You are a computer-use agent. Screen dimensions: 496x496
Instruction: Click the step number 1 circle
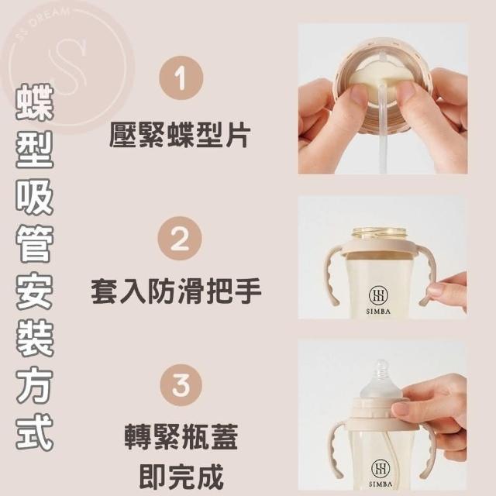tap(181, 78)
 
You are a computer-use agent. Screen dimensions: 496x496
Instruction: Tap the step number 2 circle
tap(180, 239)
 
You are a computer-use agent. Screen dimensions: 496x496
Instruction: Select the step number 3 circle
tap(181, 384)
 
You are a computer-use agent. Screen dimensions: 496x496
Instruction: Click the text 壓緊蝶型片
tap(180, 135)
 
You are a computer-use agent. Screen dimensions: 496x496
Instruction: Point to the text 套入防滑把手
tap(176, 291)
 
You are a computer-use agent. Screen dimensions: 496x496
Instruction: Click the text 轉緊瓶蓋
tap(181, 437)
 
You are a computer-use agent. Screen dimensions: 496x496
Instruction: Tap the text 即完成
tap(181, 477)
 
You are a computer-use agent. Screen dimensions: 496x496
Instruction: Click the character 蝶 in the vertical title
tap(35, 102)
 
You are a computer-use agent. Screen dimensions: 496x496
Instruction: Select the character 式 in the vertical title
tap(35, 431)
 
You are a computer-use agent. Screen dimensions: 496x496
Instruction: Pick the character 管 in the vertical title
tap(35, 244)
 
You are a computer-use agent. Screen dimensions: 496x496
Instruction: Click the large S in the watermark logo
tap(67, 67)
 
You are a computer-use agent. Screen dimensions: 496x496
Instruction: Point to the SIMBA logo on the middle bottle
tap(378, 300)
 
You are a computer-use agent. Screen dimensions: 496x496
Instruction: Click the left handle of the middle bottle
tap(332, 275)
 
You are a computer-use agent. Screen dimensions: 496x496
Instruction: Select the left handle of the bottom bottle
tap(338, 449)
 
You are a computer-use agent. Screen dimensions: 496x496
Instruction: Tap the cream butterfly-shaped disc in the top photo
tap(378, 86)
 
